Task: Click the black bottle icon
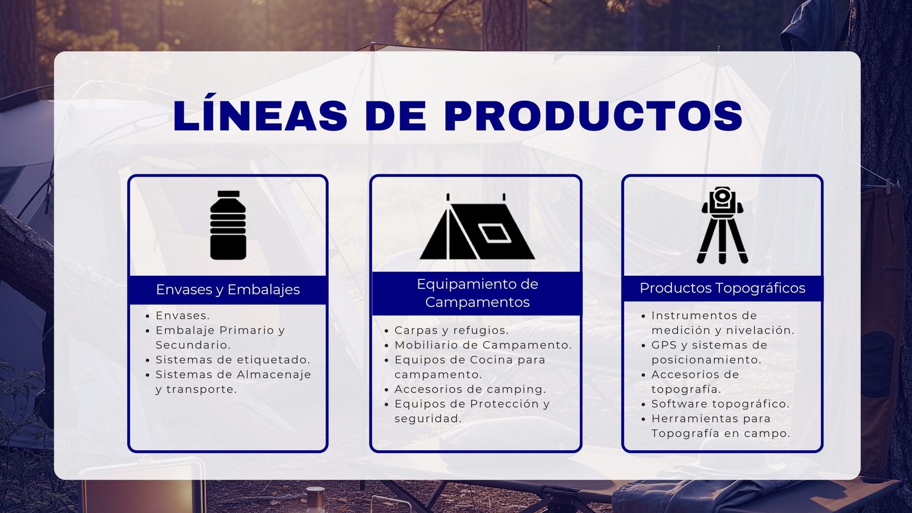[228, 225]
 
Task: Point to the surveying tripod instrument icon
[722, 225]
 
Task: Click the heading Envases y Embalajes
[228, 290]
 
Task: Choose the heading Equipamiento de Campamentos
[477, 293]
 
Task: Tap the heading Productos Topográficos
[722, 288]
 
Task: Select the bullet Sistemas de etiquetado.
[233, 360]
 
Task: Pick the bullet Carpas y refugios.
[451, 330]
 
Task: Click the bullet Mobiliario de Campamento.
[483, 345]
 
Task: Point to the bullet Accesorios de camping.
[470, 389]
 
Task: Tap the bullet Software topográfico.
[720, 404]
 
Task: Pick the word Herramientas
[693, 418]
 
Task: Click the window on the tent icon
[495, 233]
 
